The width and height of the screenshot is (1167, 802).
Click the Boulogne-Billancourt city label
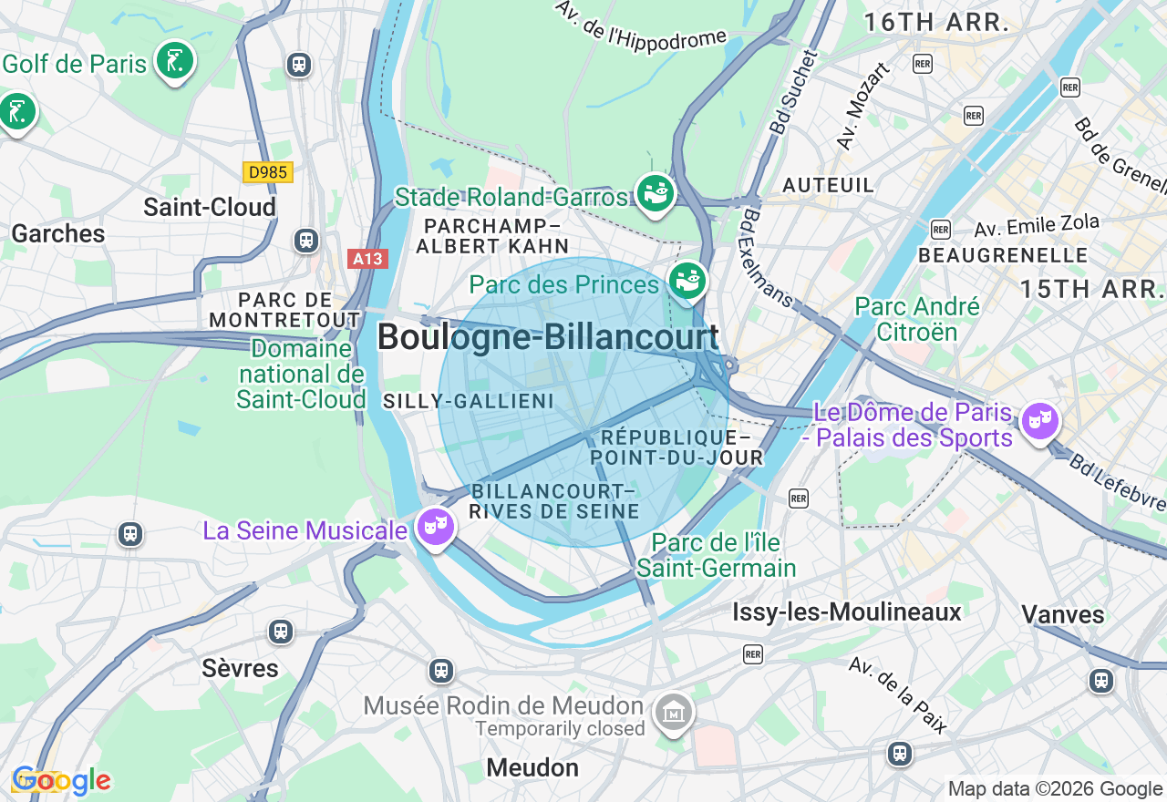(x=548, y=337)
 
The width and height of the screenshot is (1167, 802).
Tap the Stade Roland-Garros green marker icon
(x=655, y=192)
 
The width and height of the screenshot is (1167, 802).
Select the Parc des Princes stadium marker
(x=687, y=280)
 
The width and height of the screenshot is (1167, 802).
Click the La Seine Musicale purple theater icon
(x=436, y=525)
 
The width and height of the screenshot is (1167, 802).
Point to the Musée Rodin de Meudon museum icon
(x=674, y=712)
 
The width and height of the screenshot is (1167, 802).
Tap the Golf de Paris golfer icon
(x=174, y=61)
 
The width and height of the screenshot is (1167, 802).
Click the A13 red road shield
(x=368, y=259)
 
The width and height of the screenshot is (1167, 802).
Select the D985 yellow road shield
(x=267, y=172)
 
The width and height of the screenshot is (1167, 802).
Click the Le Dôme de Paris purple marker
(x=1039, y=421)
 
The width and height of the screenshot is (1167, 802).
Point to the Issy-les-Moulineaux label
(x=847, y=612)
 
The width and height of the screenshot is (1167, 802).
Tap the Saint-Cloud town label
(x=210, y=208)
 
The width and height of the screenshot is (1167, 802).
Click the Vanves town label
(x=1063, y=614)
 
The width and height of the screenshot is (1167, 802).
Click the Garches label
(x=58, y=234)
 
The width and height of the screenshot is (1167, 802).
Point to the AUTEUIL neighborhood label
(x=829, y=185)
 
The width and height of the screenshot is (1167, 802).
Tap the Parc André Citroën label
(x=917, y=319)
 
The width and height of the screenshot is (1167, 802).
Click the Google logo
(x=61, y=781)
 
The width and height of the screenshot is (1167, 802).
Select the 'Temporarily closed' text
(x=560, y=729)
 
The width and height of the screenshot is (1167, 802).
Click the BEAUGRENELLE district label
(x=1003, y=255)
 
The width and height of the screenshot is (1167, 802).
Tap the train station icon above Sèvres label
(x=281, y=632)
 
